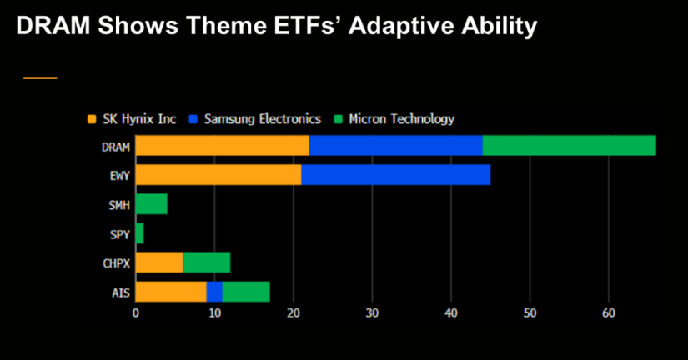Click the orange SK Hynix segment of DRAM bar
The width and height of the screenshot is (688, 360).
(x=222, y=146)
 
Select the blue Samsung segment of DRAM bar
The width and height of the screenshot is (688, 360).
(x=396, y=146)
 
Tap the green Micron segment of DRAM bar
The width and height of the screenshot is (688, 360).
(x=569, y=146)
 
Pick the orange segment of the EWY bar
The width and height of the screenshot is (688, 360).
(x=218, y=175)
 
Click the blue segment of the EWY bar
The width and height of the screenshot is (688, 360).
(x=396, y=175)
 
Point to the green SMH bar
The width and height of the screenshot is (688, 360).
(x=152, y=204)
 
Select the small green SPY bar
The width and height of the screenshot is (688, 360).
(x=139, y=233)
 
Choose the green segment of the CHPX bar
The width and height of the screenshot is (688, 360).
(x=207, y=262)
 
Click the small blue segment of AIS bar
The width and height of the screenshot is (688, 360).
(x=214, y=292)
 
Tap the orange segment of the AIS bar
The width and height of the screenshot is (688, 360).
(x=171, y=292)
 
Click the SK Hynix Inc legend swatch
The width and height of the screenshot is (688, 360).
(x=92, y=119)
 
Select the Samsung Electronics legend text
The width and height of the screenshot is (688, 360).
(x=263, y=119)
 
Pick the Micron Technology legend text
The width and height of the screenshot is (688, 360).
(x=401, y=119)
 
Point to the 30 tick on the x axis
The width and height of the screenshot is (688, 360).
(x=372, y=313)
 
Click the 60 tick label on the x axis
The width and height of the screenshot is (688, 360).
(x=609, y=313)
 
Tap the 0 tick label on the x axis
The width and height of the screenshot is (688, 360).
(x=136, y=313)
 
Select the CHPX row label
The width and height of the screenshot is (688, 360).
(x=116, y=263)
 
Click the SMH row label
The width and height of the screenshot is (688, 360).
(x=119, y=205)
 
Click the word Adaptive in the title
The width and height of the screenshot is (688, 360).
(x=399, y=26)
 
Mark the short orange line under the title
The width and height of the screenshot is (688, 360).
(x=40, y=78)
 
